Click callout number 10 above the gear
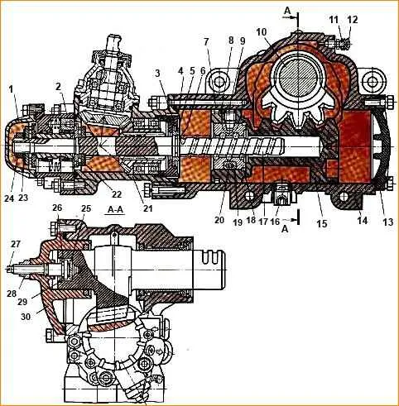262,32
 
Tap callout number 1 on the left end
11,89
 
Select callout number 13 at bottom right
387,222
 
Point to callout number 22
117,194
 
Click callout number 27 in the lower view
16,244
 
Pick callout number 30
26,317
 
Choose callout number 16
276,222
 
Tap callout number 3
157,73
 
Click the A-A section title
115,210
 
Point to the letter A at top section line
287,11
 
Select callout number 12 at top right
353,20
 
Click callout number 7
206,42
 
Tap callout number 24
9,198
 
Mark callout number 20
219,221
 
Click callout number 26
57,208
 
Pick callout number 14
363,221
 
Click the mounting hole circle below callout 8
219,82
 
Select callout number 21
148,208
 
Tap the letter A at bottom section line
285,228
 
